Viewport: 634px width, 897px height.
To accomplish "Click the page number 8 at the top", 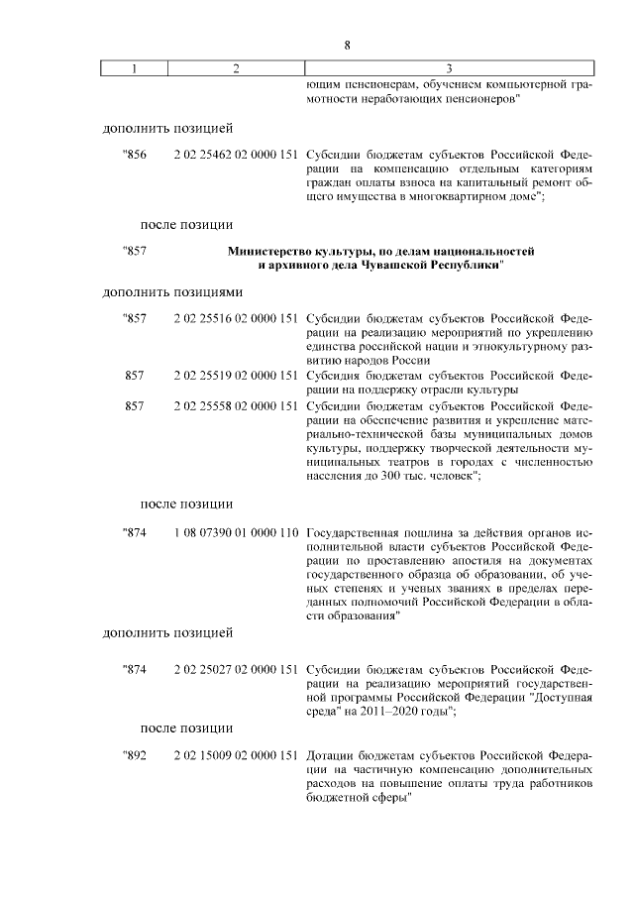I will pyautogui.click(x=348, y=45).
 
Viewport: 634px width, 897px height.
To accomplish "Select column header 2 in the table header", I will pyautogui.click(x=235, y=68).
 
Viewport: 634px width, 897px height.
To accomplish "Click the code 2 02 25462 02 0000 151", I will pyautogui.click(x=236, y=156).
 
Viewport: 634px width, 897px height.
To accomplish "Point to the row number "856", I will pyautogui.click(x=134, y=156).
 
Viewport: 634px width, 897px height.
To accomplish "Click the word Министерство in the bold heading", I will pyautogui.click(x=268, y=252).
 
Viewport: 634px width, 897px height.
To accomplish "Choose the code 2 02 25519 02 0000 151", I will pyautogui.click(x=236, y=376).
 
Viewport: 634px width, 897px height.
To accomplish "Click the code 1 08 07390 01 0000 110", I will pyautogui.click(x=236, y=532).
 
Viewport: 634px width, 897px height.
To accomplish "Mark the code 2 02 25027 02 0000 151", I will pyautogui.click(x=236, y=669).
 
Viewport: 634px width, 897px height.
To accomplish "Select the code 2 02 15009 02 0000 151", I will pyautogui.click(x=236, y=755).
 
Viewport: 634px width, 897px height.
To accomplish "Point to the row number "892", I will pyautogui.click(x=134, y=755).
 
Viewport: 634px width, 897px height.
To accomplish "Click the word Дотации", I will pyautogui.click(x=331, y=755).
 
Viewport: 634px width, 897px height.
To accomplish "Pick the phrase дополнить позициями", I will pyautogui.click(x=173, y=292).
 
